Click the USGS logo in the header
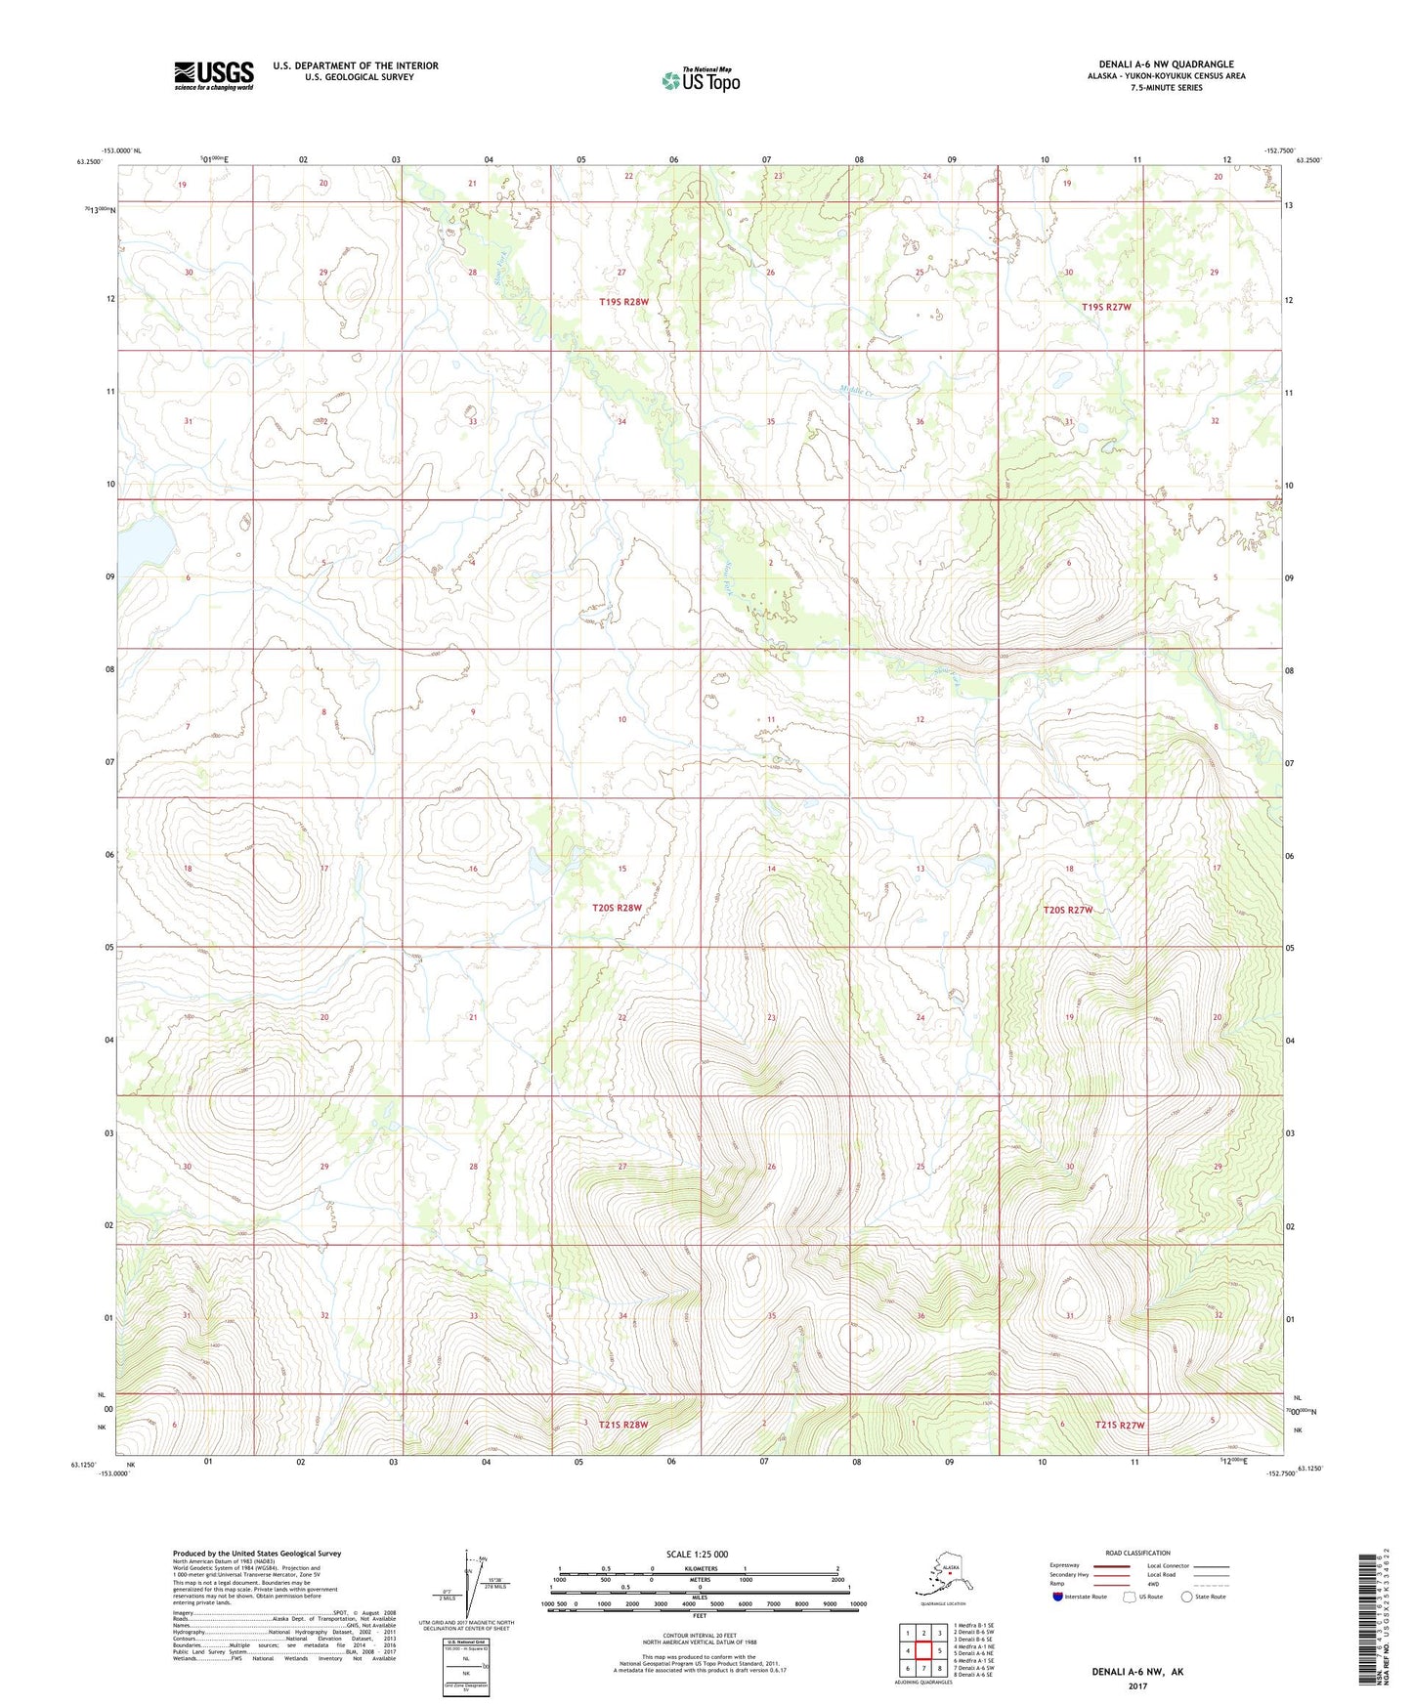(213, 75)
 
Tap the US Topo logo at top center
(700, 80)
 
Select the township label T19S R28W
(623, 302)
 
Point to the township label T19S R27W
(1106, 307)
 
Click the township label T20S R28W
(617, 908)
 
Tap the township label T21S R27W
(1119, 1425)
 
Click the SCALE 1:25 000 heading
(697, 1554)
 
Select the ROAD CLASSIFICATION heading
(1137, 1553)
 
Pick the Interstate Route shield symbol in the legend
(1058, 1597)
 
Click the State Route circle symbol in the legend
(1186, 1597)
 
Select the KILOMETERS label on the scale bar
(698, 1569)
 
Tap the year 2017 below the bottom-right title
(1136, 1685)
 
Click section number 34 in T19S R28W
(621, 422)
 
